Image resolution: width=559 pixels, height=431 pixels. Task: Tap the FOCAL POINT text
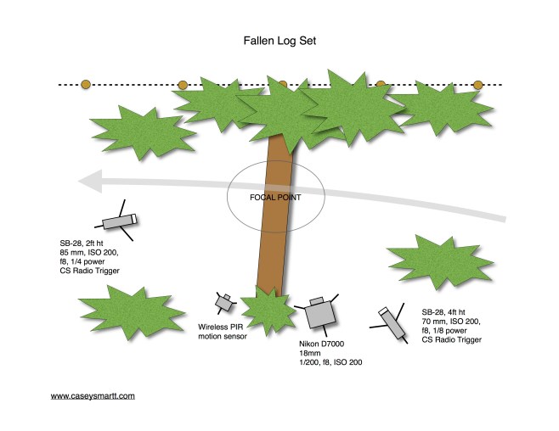point(274,197)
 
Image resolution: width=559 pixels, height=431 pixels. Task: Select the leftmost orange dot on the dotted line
point(85,85)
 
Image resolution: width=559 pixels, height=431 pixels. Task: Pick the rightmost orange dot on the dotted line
point(477,85)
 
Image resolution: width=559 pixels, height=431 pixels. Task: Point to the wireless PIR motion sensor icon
point(225,301)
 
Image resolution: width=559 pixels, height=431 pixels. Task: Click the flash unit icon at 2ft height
point(118,221)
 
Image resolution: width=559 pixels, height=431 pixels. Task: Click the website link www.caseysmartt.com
point(93,395)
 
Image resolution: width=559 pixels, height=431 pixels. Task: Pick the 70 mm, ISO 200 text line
point(454,322)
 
